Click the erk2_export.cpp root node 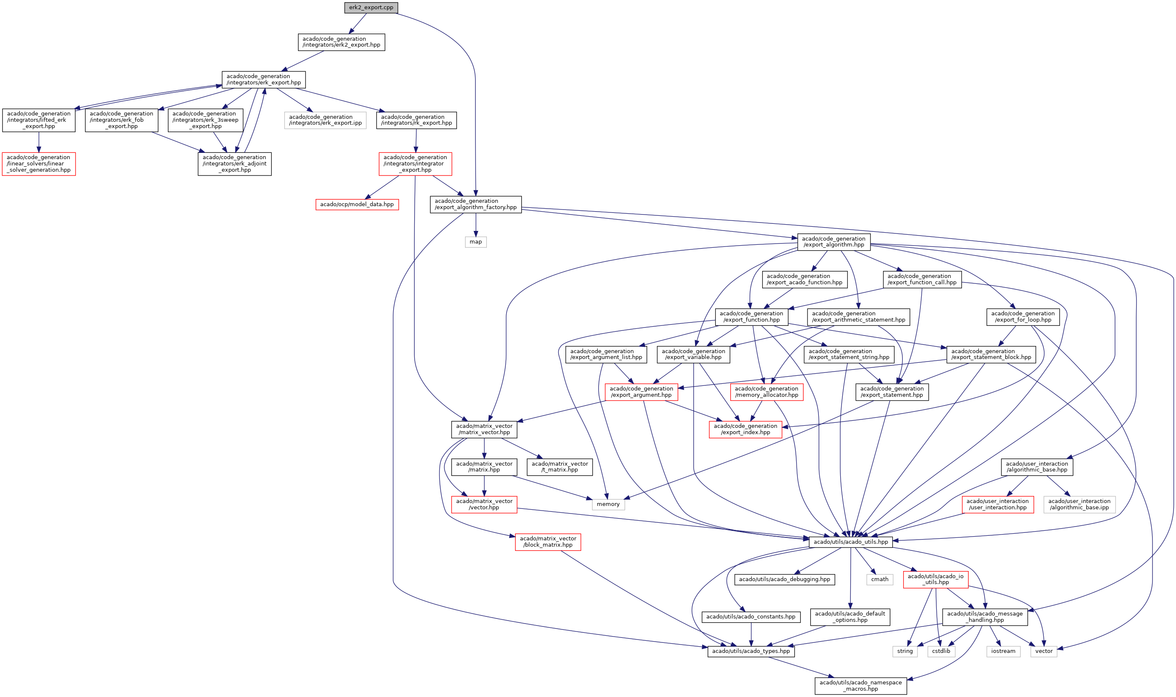[371, 8]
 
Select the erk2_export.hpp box [341, 42]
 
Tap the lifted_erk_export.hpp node [39, 120]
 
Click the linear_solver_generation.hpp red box [39, 163]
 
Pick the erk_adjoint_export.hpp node [234, 163]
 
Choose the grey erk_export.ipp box [325, 120]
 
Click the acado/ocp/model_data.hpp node [357, 204]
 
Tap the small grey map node [476, 242]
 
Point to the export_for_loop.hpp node [1022, 317]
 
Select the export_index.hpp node [745, 429]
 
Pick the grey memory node [608, 504]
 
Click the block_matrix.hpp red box [548, 542]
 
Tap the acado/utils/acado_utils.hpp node [851, 542]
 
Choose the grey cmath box [879, 579]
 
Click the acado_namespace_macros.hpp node [860, 686]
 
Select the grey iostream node [1003, 651]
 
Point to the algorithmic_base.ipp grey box [1079, 504]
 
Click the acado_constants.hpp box [751, 617]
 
